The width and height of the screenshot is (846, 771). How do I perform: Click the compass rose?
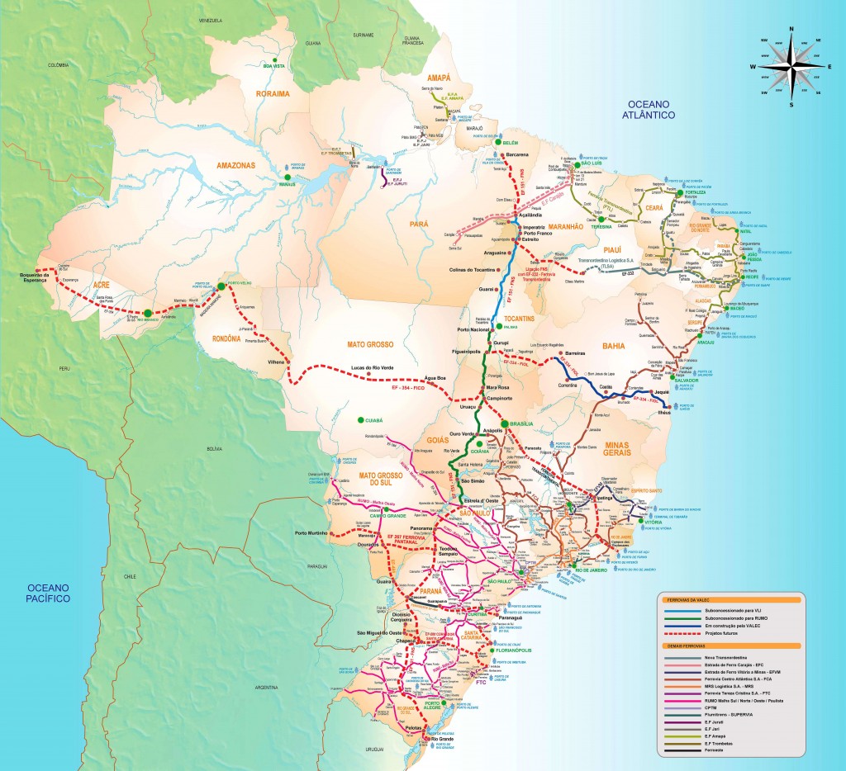(791, 66)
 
